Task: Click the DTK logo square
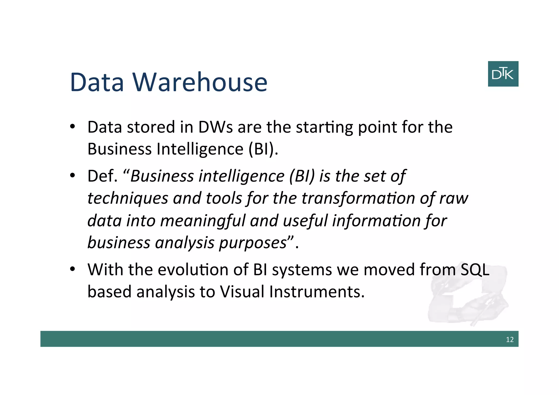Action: (x=503, y=74)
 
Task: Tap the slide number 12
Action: (x=509, y=339)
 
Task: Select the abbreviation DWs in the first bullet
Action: (x=215, y=127)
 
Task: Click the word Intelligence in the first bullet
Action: (x=200, y=149)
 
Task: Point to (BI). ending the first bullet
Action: (x=263, y=149)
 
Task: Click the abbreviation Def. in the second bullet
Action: (x=102, y=176)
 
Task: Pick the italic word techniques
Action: (x=127, y=198)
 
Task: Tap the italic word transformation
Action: (x=358, y=198)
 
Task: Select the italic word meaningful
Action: (x=203, y=221)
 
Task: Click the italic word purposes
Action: (x=252, y=243)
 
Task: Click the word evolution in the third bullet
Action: (x=193, y=270)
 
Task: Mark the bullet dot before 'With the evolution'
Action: (x=72, y=269)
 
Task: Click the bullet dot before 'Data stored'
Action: (x=72, y=127)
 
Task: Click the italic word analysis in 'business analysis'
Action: (x=185, y=243)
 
